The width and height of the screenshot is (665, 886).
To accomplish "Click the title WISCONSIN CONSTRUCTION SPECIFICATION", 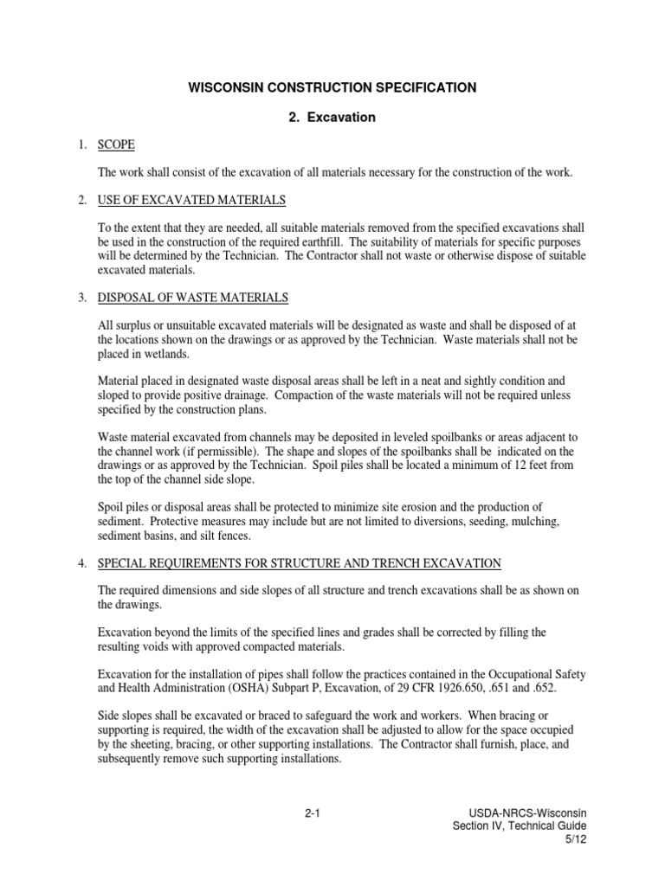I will coord(332,87).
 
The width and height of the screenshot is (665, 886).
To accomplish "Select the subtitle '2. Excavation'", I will coord(332,117).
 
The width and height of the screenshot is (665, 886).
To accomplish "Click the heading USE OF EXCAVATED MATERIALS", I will coord(191,201).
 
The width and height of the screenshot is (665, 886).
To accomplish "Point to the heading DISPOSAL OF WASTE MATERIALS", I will coord(193,298).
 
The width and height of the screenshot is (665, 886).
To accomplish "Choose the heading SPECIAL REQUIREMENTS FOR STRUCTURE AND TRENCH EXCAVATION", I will coord(300,563).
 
